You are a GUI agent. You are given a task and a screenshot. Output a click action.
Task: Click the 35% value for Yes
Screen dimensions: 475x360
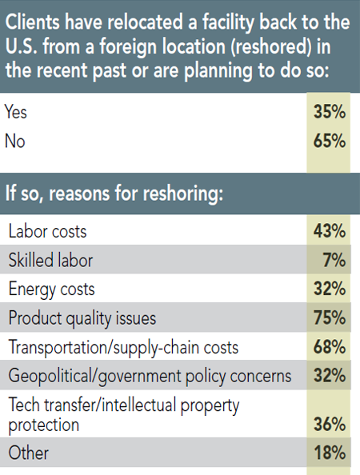click(329, 113)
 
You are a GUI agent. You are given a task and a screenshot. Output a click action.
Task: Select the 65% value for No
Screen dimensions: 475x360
click(329, 142)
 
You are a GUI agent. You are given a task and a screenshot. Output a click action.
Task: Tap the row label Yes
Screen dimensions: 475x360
click(17, 113)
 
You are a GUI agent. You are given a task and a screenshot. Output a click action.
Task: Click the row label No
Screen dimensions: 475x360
click(15, 142)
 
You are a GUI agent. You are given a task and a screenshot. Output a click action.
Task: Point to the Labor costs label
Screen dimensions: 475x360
click(47, 231)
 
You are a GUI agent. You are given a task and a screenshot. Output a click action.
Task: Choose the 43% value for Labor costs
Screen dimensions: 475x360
click(329, 231)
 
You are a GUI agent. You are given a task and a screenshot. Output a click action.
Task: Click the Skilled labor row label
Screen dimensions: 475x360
click(51, 260)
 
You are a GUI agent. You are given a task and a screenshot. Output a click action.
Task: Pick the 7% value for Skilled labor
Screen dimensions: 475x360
click(334, 260)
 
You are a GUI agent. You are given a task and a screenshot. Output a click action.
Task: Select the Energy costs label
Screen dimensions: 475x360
click(51, 289)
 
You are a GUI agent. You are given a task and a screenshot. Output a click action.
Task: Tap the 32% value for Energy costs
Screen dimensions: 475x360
click(329, 289)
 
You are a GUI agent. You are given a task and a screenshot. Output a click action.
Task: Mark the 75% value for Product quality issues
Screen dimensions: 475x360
click(329, 317)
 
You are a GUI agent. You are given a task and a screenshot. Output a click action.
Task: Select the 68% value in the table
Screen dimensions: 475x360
click(329, 346)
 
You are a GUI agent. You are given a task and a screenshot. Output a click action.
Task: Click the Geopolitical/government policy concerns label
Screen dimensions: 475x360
click(148, 375)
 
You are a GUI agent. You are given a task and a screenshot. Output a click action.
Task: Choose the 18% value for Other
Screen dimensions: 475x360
click(329, 453)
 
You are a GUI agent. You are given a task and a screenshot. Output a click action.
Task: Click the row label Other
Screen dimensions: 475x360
click(28, 453)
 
